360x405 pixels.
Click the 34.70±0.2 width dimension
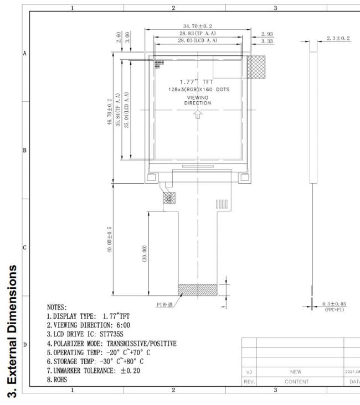pyautogui.click(x=198, y=26)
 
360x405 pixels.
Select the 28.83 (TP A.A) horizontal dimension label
pyautogui.click(x=198, y=33)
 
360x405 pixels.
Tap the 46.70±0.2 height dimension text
pyautogui.click(x=110, y=112)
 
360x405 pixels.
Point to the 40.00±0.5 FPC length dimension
pyautogui.click(x=110, y=240)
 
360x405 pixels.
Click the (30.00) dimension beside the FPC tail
pyautogui.click(x=145, y=253)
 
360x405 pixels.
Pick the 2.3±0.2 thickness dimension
pyautogui.click(x=338, y=38)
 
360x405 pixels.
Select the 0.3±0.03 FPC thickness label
pyautogui.click(x=334, y=304)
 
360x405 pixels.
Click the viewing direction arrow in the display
pyautogui.click(x=198, y=114)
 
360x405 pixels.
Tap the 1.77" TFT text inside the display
pyautogui.click(x=197, y=82)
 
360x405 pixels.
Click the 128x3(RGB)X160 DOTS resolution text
pyautogui.click(x=199, y=90)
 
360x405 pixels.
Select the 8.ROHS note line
pyautogui.click(x=57, y=380)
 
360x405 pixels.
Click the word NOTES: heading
pyautogui.click(x=57, y=308)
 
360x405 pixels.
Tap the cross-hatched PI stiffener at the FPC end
pyautogui.click(x=198, y=290)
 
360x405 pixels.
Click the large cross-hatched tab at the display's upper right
pyautogui.click(x=256, y=67)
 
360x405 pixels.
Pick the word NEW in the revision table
pyautogui.click(x=296, y=372)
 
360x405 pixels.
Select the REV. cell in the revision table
pyautogui.click(x=249, y=382)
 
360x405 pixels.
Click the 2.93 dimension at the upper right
pyautogui.click(x=267, y=34)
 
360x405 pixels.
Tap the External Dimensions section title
pyautogui.click(x=12, y=331)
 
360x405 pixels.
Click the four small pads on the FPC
pyautogui.click(x=222, y=204)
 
